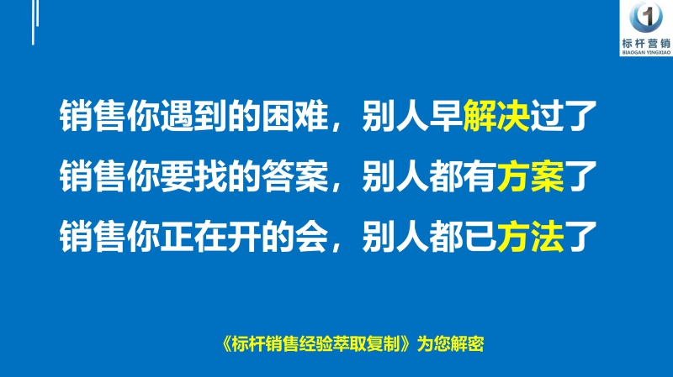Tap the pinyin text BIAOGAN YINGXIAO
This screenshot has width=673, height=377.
649,53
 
